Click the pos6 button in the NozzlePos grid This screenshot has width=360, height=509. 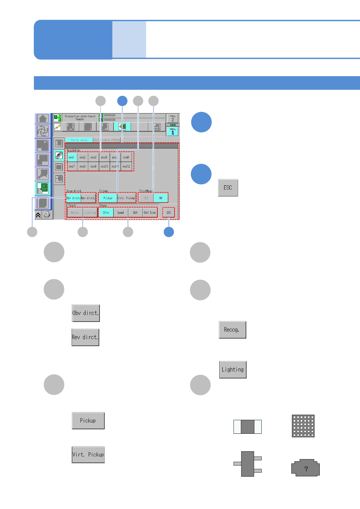126,157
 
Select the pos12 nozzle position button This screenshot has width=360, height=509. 126,166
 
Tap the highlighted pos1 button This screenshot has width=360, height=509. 71,157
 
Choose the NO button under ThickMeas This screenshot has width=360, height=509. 161,198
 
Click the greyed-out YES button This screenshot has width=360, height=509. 146,198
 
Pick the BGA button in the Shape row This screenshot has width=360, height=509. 135,212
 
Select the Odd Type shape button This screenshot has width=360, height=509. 150,212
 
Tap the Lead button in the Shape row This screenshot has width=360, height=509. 121,212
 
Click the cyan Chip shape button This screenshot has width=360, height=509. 106,212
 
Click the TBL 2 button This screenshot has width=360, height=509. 173,118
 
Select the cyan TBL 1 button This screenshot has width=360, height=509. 173,131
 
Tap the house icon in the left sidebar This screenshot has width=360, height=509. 43,118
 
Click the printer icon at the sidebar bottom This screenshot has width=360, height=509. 47,215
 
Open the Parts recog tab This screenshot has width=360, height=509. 79,140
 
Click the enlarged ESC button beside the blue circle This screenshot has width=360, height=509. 228,188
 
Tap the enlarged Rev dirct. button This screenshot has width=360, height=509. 85,337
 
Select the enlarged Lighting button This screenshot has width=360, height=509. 233,370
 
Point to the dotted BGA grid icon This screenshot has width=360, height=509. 303,426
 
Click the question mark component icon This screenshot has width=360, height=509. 306,468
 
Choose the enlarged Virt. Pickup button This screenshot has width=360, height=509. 88,455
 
